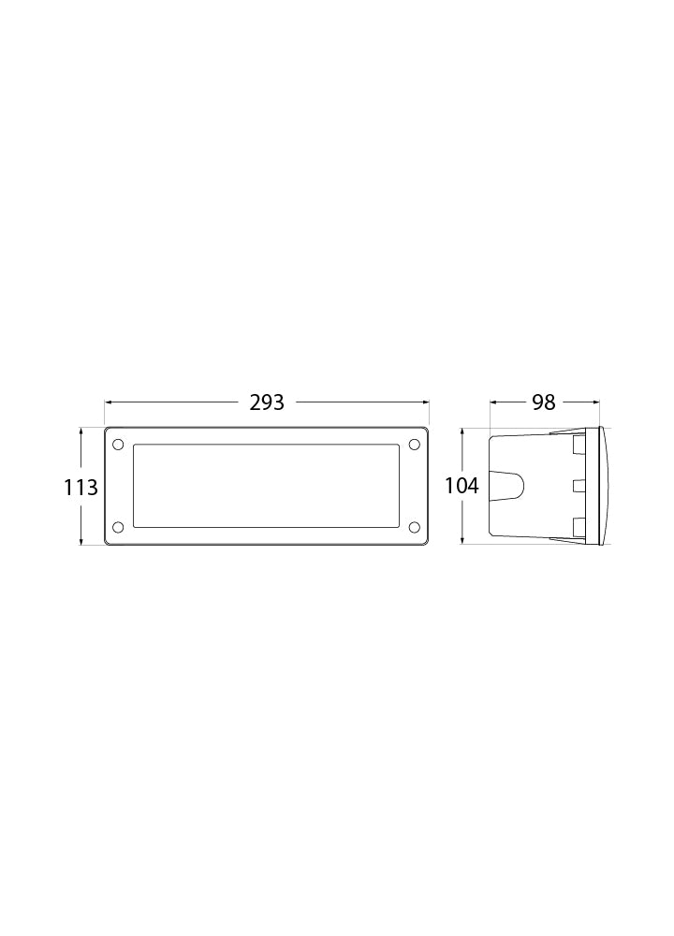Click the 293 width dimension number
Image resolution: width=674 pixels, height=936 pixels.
267,402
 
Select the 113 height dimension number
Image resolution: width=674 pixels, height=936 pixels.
81,488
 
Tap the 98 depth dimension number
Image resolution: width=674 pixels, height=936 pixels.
544,402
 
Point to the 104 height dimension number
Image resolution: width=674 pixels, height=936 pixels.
462,486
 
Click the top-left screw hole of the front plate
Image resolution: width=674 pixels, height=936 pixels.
118,444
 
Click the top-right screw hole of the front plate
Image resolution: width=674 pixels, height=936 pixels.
415,444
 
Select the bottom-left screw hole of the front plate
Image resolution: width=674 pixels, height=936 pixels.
118,526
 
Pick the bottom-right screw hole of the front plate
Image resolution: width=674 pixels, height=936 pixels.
415,526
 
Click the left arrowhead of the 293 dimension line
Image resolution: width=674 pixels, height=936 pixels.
108,402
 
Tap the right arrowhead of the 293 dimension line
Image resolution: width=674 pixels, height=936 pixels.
426,402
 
